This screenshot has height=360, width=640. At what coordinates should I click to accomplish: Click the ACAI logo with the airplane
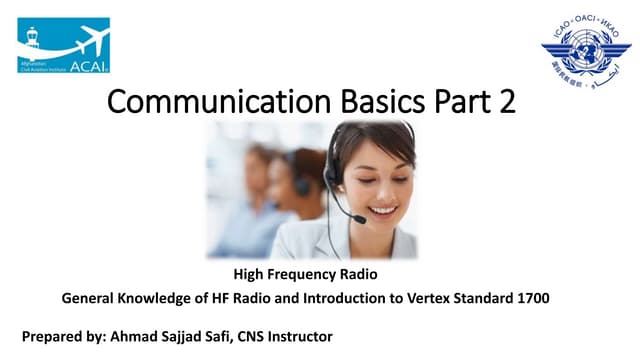[x=63, y=45]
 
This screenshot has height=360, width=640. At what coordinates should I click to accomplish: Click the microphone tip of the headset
[x=359, y=219]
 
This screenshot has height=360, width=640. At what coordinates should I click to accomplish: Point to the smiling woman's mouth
[x=383, y=211]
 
